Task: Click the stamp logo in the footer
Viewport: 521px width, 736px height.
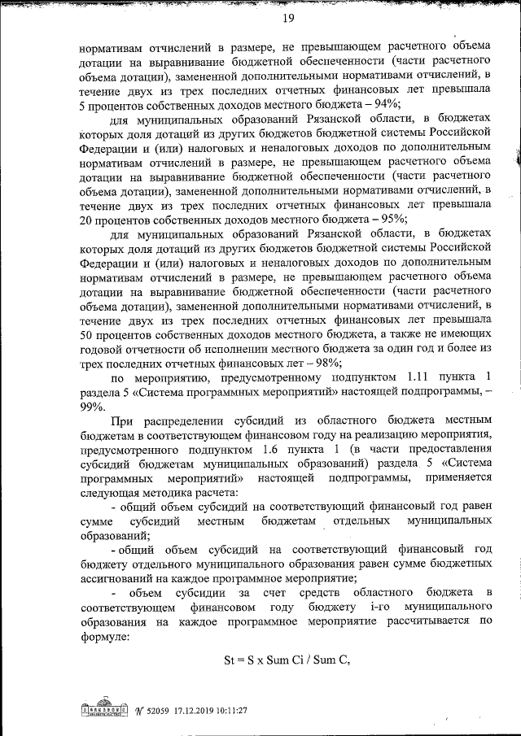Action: click(x=106, y=710)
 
